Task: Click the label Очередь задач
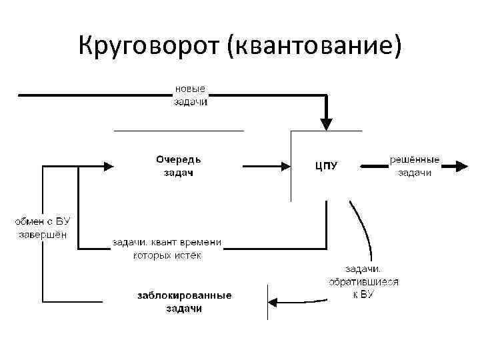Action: pos(178,166)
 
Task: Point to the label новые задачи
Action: pos(191,95)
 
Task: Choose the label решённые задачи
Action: pos(414,167)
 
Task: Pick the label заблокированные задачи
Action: pos(184,302)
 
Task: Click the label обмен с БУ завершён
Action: pos(42,227)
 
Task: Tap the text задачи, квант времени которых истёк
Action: pos(167,249)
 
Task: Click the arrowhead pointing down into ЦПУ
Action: pos(326,123)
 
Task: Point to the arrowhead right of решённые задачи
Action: pos(461,166)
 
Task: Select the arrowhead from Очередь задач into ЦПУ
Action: pos(285,166)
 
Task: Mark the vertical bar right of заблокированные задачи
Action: pos(267,302)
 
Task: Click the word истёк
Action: pos(186,255)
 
